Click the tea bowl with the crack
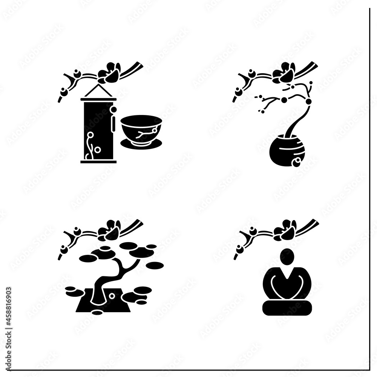141,128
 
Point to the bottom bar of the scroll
98,161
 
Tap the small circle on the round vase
297,161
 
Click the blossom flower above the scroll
110,73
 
